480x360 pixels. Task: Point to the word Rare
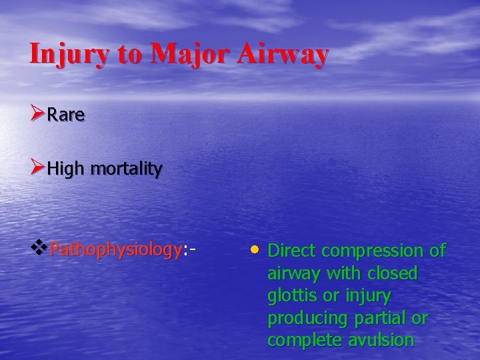pos(66,115)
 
